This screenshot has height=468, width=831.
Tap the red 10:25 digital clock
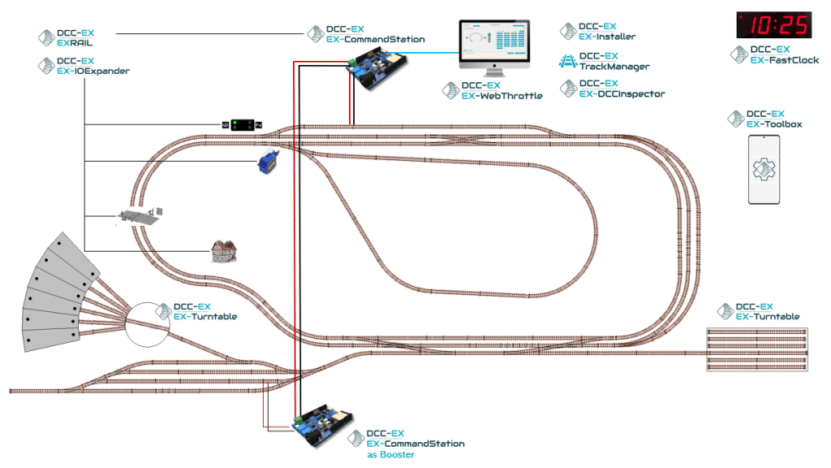773,25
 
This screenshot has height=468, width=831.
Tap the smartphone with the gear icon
763,170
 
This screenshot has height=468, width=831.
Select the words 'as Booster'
391,455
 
